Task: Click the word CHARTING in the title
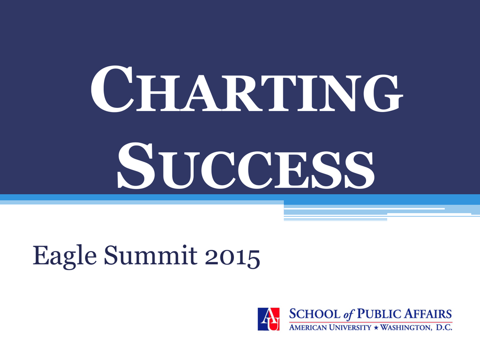click(x=247, y=89)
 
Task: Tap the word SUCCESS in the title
click(x=246, y=165)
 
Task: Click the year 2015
click(x=232, y=257)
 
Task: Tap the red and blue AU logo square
click(x=269, y=319)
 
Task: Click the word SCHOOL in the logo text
click(x=315, y=314)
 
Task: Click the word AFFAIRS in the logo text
click(x=428, y=314)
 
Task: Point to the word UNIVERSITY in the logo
click(x=350, y=328)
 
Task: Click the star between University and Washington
click(x=376, y=328)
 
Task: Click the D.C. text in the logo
click(x=444, y=328)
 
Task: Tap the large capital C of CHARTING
click(x=112, y=89)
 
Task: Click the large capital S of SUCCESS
click(x=136, y=165)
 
